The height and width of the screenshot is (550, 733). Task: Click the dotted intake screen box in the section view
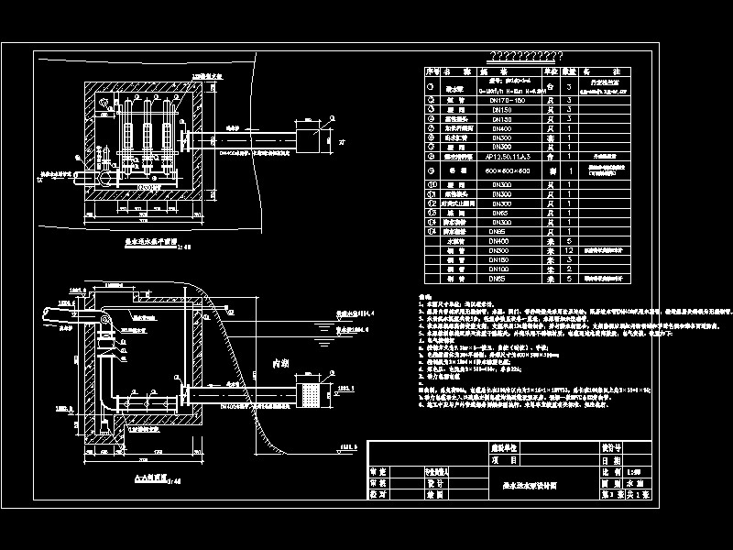pyautogui.click(x=312, y=395)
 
